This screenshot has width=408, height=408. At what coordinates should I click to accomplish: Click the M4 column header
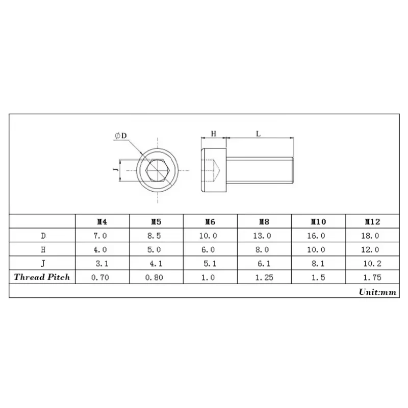coord(102,222)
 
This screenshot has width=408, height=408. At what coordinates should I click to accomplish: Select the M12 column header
coord(372,222)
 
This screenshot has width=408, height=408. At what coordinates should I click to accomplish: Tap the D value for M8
coord(264,236)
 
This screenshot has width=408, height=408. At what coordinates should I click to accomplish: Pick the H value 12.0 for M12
coord(372,250)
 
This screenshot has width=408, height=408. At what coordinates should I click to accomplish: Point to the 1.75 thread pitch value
coord(372,277)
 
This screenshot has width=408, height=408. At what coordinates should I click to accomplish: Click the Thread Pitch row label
coord(42,277)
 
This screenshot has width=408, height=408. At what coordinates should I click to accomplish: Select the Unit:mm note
coord(377,292)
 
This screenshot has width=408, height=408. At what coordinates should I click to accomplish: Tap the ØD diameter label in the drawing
coord(121,135)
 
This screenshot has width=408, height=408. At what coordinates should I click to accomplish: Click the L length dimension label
coord(259,134)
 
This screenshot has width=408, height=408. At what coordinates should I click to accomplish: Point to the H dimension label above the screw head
coord(214,134)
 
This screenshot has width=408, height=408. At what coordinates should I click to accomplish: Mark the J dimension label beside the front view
coord(116,166)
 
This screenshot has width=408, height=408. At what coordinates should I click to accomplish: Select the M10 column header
coord(318,222)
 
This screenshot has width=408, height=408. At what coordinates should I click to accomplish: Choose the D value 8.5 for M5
coord(156,236)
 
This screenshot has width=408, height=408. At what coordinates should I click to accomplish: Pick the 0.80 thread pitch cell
coord(156,277)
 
